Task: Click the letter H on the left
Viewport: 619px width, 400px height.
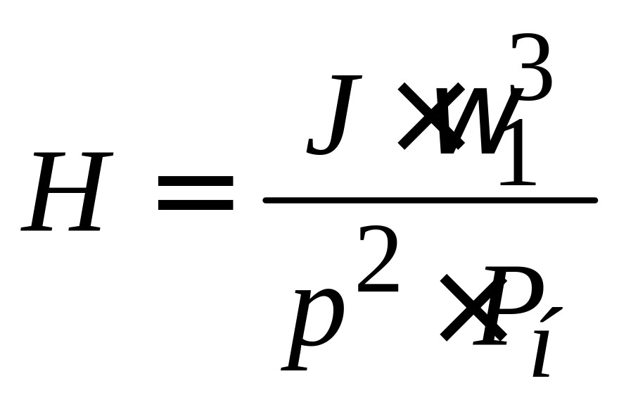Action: pos(68,192)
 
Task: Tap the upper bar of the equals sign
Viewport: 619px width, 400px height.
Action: pos(195,182)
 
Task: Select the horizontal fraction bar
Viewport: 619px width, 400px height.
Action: pos(430,200)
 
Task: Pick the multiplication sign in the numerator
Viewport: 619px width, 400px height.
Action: pos(422,115)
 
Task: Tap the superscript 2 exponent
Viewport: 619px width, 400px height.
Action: pos(378,261)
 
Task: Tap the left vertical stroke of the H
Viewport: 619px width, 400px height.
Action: pos(44,192)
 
